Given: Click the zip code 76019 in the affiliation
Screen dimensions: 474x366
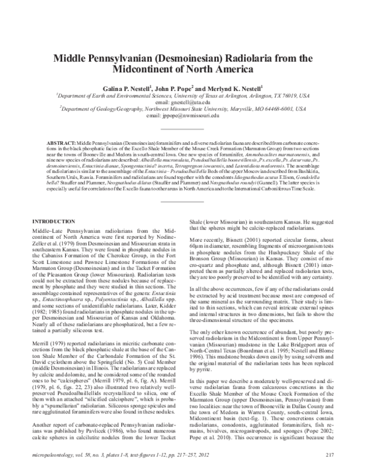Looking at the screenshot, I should pyautogui.click(x=287, y=97).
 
